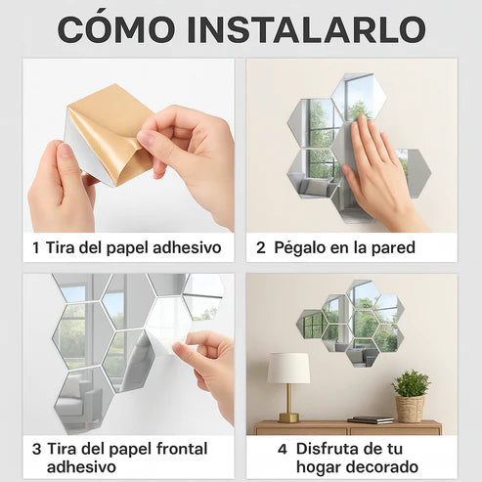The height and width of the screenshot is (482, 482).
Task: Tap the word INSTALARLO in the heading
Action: [306, 29]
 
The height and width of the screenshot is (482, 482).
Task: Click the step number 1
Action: [35, 247]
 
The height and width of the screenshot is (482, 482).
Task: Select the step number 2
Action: [261, 247]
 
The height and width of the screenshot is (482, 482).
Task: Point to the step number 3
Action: [36, 449]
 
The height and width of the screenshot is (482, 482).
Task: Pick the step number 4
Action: [283, 449]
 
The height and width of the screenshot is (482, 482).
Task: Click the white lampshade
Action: [288, 369]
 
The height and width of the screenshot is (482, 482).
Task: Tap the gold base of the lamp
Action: [288, 417]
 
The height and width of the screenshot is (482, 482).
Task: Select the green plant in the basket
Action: [411, 383]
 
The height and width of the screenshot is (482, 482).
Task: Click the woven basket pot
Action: [410, 409]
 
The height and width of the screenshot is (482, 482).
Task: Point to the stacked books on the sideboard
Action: [371, 419]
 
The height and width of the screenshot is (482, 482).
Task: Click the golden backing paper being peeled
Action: [111, 130]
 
